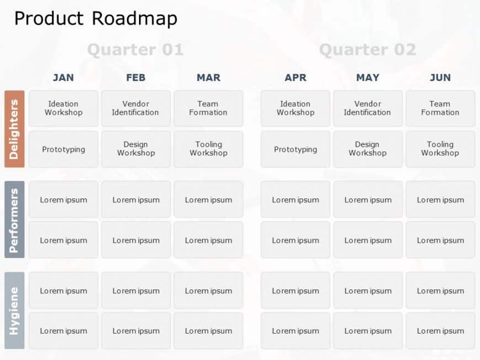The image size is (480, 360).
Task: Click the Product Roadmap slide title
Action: (95, 19)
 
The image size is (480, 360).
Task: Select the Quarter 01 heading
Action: (135, 50)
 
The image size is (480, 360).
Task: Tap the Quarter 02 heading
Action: (367, 50)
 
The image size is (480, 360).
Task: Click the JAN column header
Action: (63, 78)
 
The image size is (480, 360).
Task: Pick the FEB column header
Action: (136, 78)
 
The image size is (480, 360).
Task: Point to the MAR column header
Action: (209, 78)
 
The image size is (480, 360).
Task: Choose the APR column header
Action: (295, 78)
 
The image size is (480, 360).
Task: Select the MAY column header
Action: (368, 78)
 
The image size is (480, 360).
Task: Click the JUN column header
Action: (440, 78)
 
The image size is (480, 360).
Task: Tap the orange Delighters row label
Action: (14, 129)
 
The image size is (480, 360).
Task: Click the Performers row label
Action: (14, 219)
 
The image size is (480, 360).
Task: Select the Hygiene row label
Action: (14, 310)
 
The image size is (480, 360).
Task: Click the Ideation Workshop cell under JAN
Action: (63, 108)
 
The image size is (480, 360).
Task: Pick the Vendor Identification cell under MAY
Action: (368, 108)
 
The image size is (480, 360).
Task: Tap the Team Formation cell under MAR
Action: (209, 108)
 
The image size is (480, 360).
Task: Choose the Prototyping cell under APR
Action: (295, 149)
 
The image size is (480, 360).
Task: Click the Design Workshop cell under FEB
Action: (136, 149)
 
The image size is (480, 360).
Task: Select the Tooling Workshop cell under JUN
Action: (440, 149)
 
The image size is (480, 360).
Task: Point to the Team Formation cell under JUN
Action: (440, 108)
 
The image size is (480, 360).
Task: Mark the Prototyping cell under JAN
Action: (63, 149)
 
